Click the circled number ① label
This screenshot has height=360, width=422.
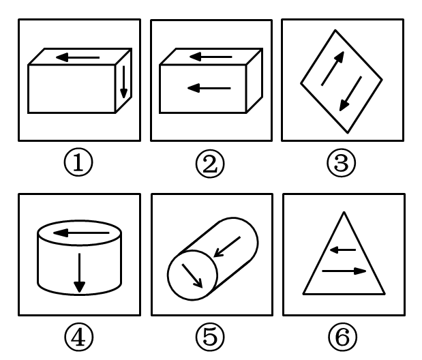coord(78,162)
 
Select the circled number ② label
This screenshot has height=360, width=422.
coord(210,164)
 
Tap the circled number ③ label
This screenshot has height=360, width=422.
coord(342,163)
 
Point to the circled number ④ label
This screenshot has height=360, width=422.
coord(79,337)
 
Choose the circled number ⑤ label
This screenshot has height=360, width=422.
coord(210,337)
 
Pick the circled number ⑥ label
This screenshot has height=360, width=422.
coord(343,337)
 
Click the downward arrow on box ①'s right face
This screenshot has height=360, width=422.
coord(123,82)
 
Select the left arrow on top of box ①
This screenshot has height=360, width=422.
coord(78,57)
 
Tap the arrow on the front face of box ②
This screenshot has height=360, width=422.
coord(209,88)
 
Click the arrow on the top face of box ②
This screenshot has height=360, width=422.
coord(211,57)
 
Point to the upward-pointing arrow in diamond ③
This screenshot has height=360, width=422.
coord(333,68)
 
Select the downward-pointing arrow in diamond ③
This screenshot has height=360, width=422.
coord(350,93)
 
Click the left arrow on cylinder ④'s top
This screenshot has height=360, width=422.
coord(81,233)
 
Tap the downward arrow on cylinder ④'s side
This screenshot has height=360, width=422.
coord(79,273)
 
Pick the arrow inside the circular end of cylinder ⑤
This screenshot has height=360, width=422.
coord(192,275)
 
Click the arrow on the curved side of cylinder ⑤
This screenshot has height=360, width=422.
coord(227,247)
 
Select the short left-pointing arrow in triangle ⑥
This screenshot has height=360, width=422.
coord(343,250)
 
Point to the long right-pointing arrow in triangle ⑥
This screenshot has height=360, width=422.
coord(344,271)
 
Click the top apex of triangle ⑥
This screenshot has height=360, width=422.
coord(344,212)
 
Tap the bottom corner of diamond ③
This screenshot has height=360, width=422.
coord(348,133)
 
